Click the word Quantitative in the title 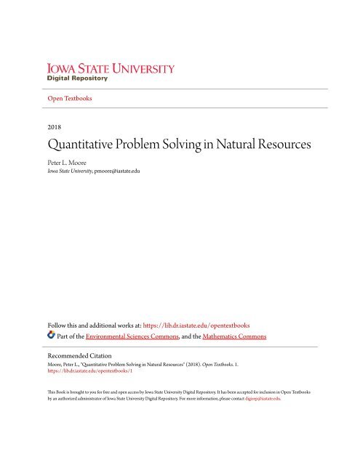(83, 144)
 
